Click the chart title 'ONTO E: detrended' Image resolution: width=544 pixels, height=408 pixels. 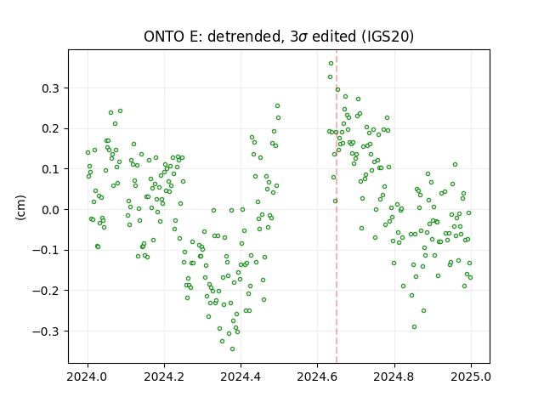click(212, 37)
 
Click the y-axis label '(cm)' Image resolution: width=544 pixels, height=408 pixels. click(20, 207)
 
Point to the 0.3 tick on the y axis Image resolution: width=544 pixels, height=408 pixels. click(51, 88)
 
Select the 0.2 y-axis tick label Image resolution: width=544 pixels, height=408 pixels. click(51, 128)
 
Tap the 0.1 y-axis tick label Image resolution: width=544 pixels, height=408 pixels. click(51, 169)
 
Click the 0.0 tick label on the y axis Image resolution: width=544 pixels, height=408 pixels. click(51, 210)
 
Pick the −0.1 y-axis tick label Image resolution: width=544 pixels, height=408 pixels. click(46, 250)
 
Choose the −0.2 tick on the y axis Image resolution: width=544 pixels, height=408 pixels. click(46, 291)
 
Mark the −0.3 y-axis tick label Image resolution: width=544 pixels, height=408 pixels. click(46, 331)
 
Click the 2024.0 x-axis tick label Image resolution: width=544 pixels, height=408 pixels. click(88, 377)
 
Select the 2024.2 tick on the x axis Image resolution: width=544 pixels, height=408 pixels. click(164, 377)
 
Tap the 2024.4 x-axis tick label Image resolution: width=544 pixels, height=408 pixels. click(241, 377)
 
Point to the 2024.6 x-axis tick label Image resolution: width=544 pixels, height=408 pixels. click(317, 377)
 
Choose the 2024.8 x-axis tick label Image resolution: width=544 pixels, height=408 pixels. click(394, 377)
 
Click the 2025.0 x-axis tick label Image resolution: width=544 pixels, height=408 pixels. click(471, 377)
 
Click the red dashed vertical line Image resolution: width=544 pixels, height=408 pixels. click(337, 207)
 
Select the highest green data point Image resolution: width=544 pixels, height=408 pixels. click(331, 64)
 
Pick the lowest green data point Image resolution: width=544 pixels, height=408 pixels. click(232, 349)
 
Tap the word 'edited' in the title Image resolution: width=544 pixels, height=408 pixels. click(334, 37)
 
